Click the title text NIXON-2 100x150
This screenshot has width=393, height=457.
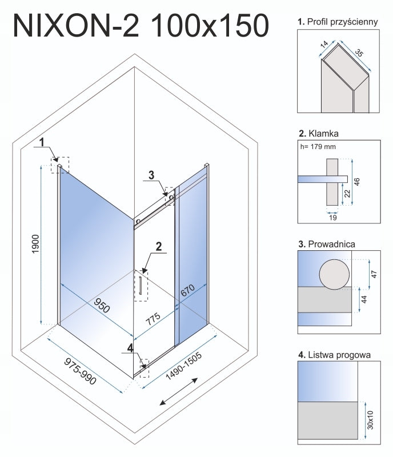pyautogui.click(x=141, y=26)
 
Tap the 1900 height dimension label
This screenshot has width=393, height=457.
pyautogui.click(x=35, y=244)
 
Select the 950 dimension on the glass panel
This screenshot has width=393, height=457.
pyautogui.click(x=102, y=306)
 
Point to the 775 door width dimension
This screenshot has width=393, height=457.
pyautogui.click(x=153, y=319)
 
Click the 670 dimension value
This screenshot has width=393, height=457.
pyautogui.click(x=187, y=290)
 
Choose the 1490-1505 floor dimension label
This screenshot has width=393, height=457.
pyautogui.click(x=183, y=366)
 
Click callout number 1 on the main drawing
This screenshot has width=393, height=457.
pyautogui.click(x=42, y=142)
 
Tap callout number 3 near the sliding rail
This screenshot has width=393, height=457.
pyautogui.click(x=151, y=175)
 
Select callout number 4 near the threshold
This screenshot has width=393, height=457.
pyautogui.click(x=130, y=348)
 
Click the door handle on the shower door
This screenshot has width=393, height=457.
pyautogui.click(x=141, y=284)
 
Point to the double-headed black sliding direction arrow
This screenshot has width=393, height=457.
pyautogui.click(x=178, y=391)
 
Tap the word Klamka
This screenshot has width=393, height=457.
pyautogui.click(x=323, y=134)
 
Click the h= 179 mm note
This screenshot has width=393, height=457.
pyautogui.click(x=318, y=147)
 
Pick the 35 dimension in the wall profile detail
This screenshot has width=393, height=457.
pyautogui.click(x=359, y=53)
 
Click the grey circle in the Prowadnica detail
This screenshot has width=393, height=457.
pyautogui.click(x=334, y=274)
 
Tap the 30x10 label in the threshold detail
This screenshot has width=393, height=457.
pyautogui.click(x=370, y=420)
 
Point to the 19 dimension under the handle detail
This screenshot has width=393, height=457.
pyautogui.click(x=332, y=218)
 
